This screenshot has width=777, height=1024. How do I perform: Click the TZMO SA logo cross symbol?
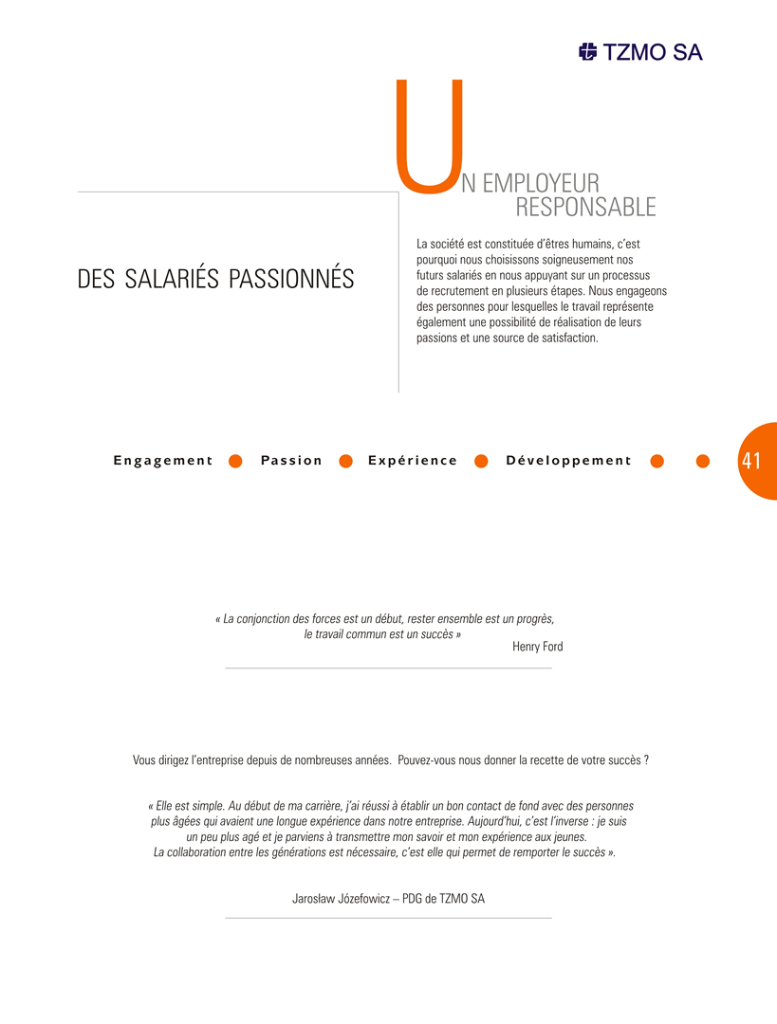(x=588, y=52)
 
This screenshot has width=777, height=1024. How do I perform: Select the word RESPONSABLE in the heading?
(x=585, y=206)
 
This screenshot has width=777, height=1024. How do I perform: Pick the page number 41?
(x=751, y=461)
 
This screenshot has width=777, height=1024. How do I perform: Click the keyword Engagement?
(x=163, y=461)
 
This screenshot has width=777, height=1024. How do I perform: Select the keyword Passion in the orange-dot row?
(x=291, y=461)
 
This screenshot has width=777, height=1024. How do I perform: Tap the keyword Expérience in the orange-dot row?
(x=413, y=461)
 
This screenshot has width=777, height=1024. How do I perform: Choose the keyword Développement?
(x=568, y=461)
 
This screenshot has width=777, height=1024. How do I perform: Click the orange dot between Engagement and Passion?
(x=236, y=461)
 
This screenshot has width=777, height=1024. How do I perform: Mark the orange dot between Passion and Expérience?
(x=346, y=461)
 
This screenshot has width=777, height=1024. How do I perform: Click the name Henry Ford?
(x=537, y=647)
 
